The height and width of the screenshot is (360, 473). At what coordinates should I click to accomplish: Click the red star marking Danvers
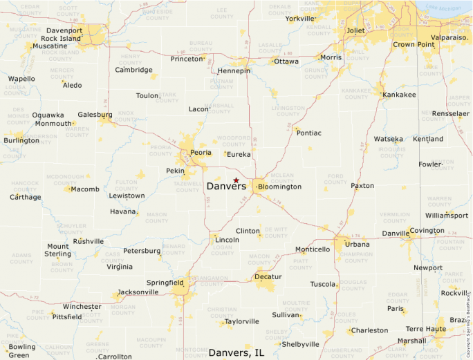pyautogui.click(x=236, y=180)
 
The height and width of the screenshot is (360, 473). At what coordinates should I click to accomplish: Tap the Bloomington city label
pyautogui.click(x=279, y=187)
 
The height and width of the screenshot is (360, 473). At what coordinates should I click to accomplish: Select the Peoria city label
pyautogui.click(x=201, y=152)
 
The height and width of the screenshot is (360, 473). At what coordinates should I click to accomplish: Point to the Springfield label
pyautogui.click(x=165, y=283)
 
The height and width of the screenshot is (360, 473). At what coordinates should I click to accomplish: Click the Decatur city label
pyautogui.click(x=268, y=276)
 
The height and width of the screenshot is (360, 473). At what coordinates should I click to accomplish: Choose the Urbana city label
pyautogui.click(x=357, y=245)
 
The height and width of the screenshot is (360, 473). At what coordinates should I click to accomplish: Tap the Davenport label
pyautogui.click(x=64, y=31)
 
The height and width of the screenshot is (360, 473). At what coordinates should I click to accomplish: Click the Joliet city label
pyautogui.click(x=355, y=31)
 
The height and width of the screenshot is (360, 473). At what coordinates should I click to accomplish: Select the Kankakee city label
pyautogui.click(x=399, y=95)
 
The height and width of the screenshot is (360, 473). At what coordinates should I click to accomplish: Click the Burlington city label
pyautogui.click(x=21, y=141)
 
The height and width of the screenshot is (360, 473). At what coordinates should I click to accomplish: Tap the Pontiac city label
pyautogui.click(x=308, y=133)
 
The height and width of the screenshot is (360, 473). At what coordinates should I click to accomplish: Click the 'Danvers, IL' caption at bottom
pyautogui.click(x=236, y=352)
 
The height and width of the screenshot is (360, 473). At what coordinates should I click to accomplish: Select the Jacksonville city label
pyautogui.click(x=138, y=292)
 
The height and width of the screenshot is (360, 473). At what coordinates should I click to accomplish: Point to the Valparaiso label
pyautogui.click(x=449, y=37)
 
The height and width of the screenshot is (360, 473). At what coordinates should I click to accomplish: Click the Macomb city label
pyautogui.click(x=85, y=189)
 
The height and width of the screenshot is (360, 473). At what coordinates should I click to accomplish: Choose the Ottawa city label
pyautogui.click(x=286, y=61)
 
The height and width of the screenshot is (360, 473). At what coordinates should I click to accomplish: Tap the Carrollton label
pyautogui.click(x=115, y=357)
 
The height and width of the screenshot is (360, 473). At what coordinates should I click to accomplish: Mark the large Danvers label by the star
pyautogui.click(x=226, y=187)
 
